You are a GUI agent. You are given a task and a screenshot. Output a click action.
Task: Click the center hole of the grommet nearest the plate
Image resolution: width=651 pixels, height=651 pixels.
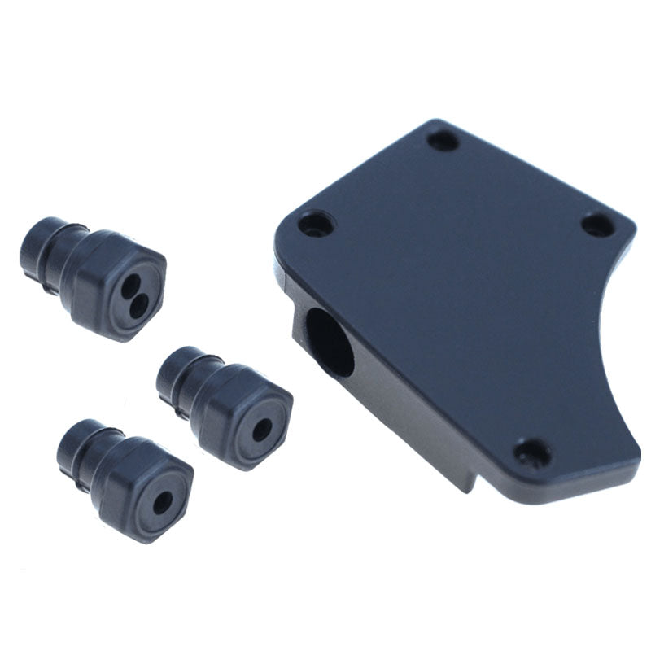pyautogui.click(x=262, y=431)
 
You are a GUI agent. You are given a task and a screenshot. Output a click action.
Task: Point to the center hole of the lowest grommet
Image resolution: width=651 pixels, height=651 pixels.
pyautogui.click(x=163, y=502)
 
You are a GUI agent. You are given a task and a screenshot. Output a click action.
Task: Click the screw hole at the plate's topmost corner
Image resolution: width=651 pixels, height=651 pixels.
pyautogui.click(x=443, y=140)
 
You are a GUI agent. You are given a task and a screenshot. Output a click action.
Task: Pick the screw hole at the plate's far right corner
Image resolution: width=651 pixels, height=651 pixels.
pyautogui.click(x=599, y=225)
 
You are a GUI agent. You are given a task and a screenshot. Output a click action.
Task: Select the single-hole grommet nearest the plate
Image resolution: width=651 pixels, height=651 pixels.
pyautogui.click(x=228, y=407)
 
